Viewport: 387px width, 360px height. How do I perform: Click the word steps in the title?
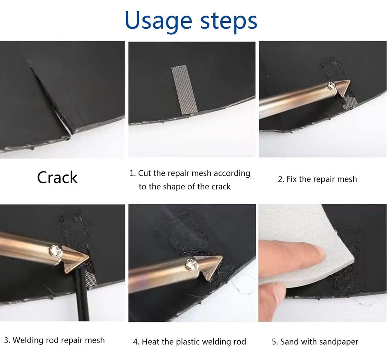(228, 22)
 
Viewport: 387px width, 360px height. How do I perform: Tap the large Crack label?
(57, 177)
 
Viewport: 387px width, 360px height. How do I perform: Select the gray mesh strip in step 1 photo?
(184, 90)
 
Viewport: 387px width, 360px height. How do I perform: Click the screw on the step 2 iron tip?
(331, 85)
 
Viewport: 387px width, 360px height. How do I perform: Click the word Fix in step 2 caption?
(292, 179)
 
